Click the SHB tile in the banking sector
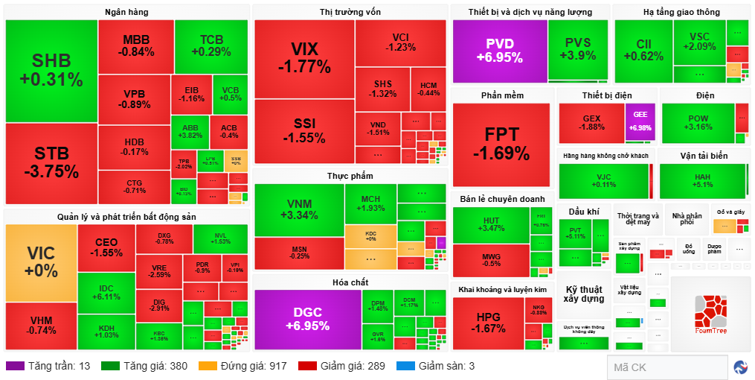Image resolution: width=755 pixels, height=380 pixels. point(51,71)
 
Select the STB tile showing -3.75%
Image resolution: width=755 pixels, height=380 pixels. point(51,162)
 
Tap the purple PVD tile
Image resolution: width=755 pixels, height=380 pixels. point(499,50)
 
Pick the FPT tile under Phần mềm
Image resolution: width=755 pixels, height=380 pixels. point(502,144)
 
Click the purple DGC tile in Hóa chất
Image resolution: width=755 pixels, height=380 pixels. point(307,319)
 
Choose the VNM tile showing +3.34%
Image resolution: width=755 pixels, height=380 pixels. point(299,209)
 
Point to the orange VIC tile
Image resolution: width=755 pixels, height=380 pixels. point(41,261)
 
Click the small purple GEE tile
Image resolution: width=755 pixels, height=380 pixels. point(640,122)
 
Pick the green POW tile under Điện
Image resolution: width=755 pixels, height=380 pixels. point(698,122)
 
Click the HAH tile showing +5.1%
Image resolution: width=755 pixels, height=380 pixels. point(702,180)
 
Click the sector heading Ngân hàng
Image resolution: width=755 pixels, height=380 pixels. point(126,12)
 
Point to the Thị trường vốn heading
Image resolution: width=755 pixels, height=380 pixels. point(350,12)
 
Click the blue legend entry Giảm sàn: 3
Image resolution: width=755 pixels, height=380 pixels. point(445,366)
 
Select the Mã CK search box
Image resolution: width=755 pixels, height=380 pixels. point(666,367)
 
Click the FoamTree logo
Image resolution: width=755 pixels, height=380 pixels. point(710,314)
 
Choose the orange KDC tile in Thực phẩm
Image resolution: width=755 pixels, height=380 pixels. point(370,235)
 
